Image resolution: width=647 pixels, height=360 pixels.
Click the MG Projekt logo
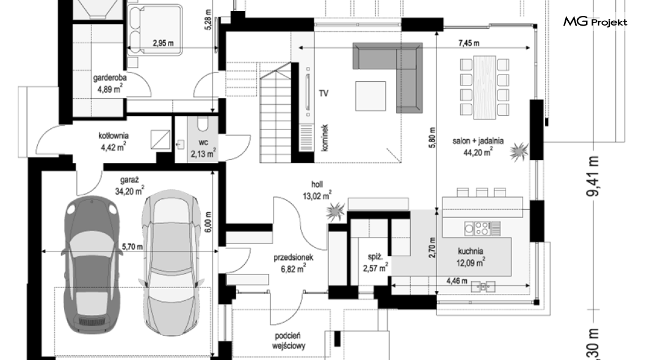point(595,22)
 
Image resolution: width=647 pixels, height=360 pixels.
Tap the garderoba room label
point(110,83)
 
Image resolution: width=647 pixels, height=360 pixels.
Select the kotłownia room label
point(114,141)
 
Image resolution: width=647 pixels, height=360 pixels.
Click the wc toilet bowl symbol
point(203,123)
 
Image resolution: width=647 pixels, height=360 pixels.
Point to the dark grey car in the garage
point(91,265)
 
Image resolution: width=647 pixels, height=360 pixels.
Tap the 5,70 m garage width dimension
point(132,247)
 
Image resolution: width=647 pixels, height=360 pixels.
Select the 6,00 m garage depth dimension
point(208,222)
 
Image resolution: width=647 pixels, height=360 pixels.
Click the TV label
point(323,93)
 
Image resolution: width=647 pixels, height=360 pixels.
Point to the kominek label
point(325,138)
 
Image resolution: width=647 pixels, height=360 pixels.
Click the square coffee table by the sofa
point(370,96)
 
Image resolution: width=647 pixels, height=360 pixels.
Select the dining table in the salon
point(485,87)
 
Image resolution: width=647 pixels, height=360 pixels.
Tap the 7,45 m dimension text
point(469,43)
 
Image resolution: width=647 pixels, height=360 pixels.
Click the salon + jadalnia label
point(478,146)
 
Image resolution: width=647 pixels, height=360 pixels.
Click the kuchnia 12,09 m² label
point(471,256)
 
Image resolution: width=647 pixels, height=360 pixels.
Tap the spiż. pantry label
point(375,263)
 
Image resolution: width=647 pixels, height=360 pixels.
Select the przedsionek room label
point(293,263)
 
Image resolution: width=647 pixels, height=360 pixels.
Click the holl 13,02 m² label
point(317,190)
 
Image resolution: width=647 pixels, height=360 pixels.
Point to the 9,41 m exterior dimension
point(594,176)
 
